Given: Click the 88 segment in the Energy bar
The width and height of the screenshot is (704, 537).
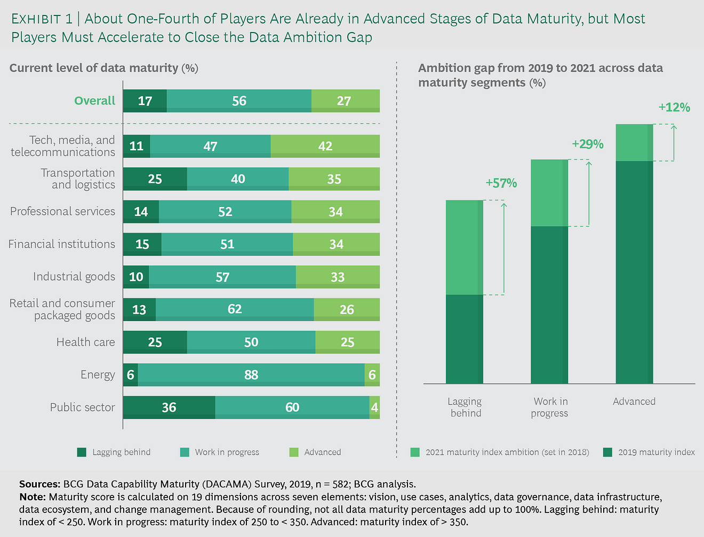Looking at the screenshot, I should (x=251, y=375).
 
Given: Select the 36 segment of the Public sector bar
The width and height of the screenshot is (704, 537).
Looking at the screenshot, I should (x=169, y=407).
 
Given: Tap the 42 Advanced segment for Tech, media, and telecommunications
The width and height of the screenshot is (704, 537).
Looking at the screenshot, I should (x=325, y=146).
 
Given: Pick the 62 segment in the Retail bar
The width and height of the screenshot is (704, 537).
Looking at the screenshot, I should (x=235, y=309).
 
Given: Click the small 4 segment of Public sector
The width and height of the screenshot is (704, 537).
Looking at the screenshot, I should (x=374, y=407).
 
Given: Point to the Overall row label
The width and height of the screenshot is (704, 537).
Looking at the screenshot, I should (x=94, y=101).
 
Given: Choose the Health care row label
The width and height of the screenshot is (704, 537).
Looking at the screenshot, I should (x=85, y=342).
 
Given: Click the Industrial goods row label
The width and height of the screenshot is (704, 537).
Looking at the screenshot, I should (x=74, y=277).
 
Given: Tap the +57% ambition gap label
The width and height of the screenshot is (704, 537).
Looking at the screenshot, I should (x=501, y=183).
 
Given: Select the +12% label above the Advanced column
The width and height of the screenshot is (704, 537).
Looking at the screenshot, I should (x=674, y=108).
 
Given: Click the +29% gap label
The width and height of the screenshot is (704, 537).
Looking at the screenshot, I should (x=587, y=144).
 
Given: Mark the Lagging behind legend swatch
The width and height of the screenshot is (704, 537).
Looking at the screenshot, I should (x=82, y=452).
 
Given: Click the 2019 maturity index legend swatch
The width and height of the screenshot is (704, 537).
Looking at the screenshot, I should (x=607, y=452).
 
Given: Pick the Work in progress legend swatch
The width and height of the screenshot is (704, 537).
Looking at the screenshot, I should (x=185, y=452).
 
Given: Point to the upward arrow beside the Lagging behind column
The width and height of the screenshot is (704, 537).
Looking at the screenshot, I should (x=504, y=248).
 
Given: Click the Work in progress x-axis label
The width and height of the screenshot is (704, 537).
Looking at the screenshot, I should (x=550, y=407).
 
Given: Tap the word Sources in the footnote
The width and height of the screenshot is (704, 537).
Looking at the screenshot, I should (x=39, y=484).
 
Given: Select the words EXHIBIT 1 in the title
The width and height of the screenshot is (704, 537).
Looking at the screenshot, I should (x=42, y=19).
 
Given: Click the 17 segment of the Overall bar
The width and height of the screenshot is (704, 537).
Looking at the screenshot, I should (x=145, y=101).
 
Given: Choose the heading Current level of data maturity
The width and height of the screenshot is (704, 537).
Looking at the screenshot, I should (x=94, y=68).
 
